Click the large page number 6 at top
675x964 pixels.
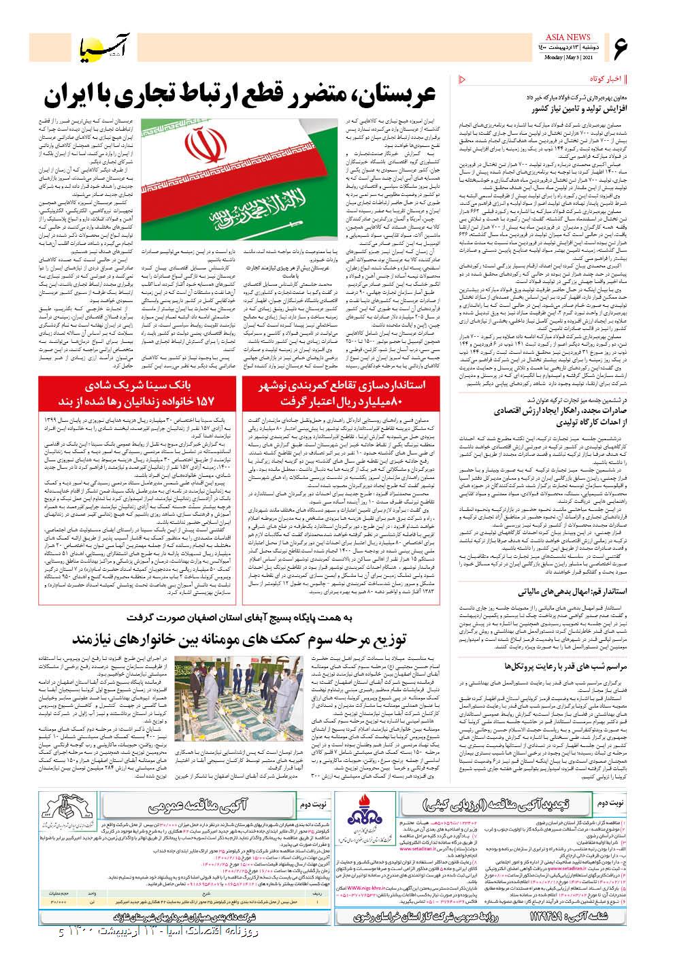coord(621,48)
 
